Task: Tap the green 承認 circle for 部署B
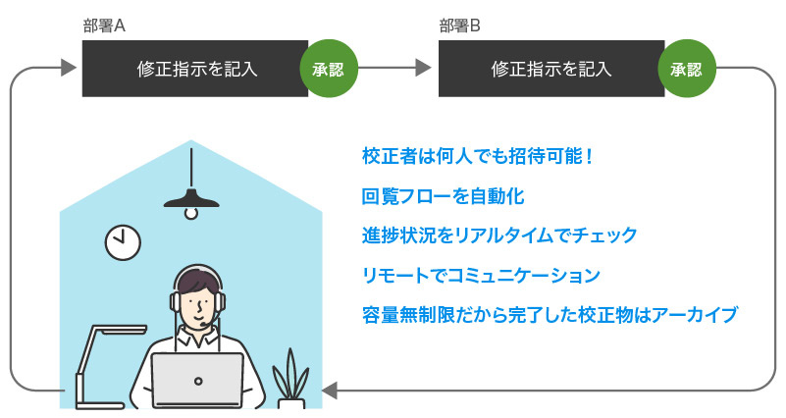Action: pyautogui.click(x=686, y=70)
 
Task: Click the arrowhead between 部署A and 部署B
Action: pyautogui.click(x=424, y=69)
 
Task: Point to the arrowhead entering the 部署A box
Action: pyautogui.click(x=69, y=69)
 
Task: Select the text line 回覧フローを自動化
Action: pyautogui.click(x=444, y=196)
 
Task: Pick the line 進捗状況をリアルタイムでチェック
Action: pyautogui.click(x=499, y=236)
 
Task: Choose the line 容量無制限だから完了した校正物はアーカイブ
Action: pyautogui.click(x=549, y=315)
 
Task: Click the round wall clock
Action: pyautogui.click(x=123, y=241)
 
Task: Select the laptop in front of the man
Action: pyautogui.click(x=198, y=382)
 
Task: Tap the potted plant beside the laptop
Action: pyautogui.click(x=291, y=378)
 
